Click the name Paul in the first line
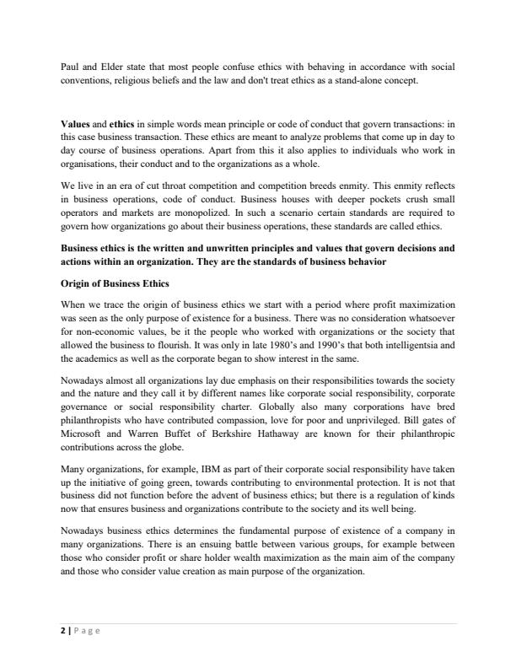tap(70, 66)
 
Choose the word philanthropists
tap(91, 416)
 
